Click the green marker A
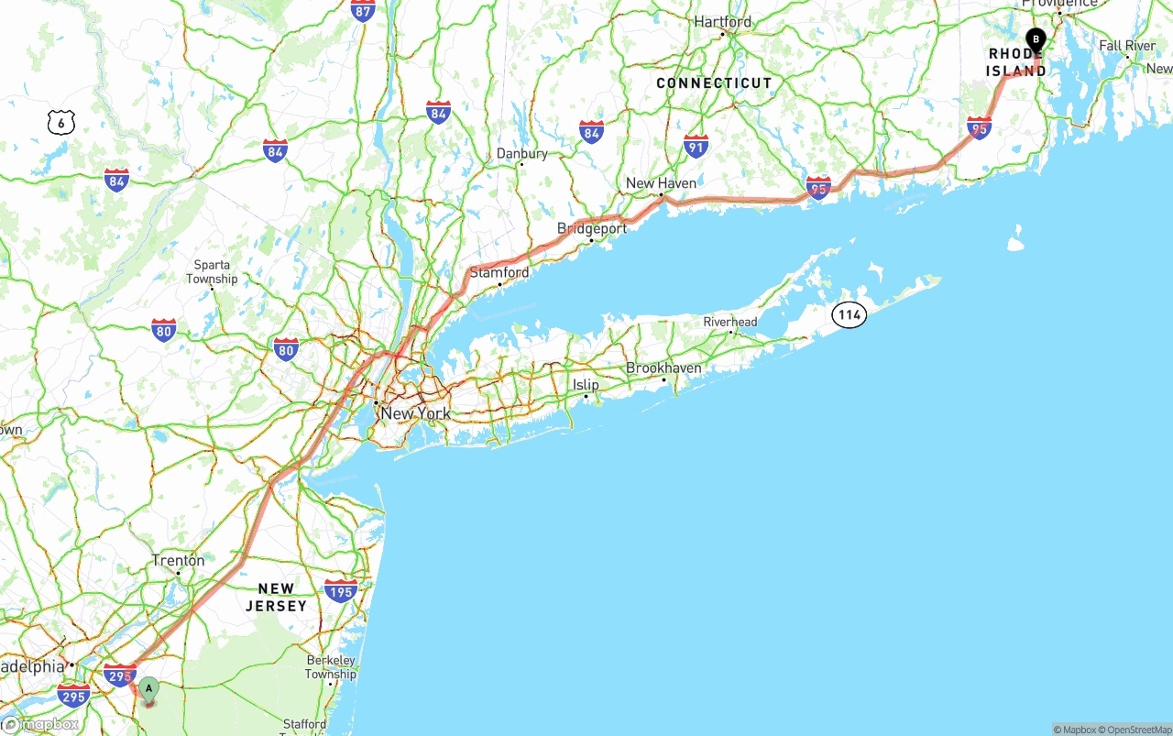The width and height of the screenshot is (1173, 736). (148, 689)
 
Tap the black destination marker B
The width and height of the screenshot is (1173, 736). (1036, 40)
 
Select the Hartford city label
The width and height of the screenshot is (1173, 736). (722, 21)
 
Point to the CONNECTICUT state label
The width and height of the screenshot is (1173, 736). (714, 82)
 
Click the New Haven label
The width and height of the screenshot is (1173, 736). (661, 183)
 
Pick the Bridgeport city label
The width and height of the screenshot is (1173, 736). (592, 228)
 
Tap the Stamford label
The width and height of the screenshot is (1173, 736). (499, 272)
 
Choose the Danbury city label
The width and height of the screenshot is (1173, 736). (521, 153)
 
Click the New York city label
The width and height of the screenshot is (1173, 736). (415, 413)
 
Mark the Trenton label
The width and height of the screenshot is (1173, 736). (178, 560)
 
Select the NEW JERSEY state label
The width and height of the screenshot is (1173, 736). (276, 597)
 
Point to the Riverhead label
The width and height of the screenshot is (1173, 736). (730, 322)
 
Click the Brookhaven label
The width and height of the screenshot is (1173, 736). (663, 368)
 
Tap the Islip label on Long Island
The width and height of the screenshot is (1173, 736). (586, 385)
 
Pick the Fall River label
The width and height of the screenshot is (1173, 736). (1127, 46)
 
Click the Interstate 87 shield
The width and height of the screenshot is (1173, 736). (363, 11)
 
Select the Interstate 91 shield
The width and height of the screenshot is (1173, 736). (696, 146)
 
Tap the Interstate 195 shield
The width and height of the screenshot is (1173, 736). (341, 590)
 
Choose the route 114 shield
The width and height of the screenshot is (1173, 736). (850, 315)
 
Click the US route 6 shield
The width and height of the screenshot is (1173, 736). (61, 122)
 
